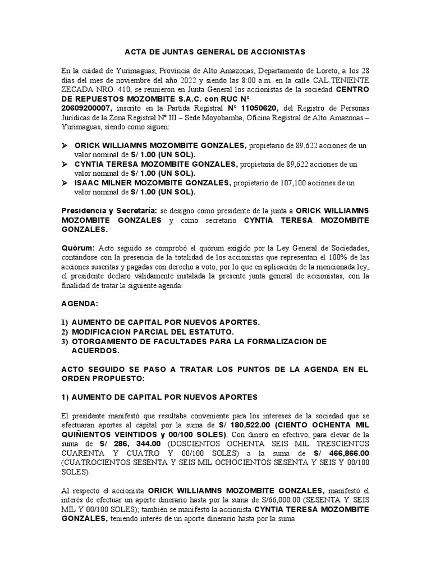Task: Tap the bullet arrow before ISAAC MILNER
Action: click(65, 182)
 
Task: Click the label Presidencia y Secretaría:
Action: click(109, 210)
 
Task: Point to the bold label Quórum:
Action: click(79, 248)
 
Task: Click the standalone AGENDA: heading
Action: click(79, 303)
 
